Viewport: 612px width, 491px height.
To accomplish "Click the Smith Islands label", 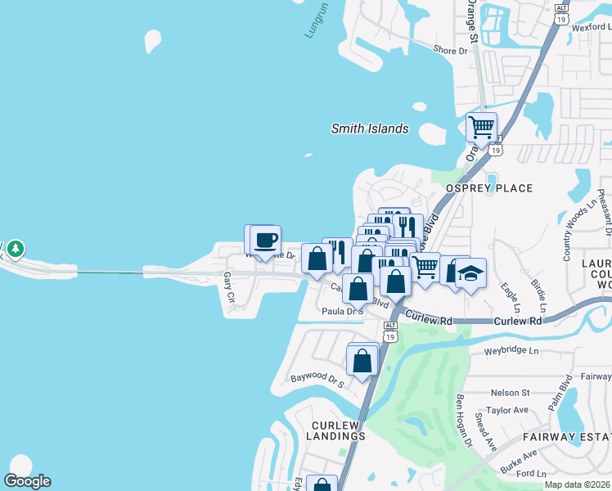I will coord(369,128).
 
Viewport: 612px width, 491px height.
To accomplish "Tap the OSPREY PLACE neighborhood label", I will coord(488,188).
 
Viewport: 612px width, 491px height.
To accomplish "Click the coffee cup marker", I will coord(265,241).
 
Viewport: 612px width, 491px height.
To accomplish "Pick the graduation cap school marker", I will coord(470,272).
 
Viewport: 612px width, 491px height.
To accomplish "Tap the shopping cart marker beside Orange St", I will coord(482,128).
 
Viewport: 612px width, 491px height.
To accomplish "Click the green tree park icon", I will coord(16,248).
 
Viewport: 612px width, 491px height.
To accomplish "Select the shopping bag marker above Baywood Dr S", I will coord(362,359).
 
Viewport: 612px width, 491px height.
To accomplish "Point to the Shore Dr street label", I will coord(450,51).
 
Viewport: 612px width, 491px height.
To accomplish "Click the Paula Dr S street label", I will coord(342,311).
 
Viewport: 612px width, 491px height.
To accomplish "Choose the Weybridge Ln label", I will coord(512,350).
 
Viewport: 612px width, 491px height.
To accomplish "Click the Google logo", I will coord(27,481).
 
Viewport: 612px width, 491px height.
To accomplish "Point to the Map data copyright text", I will coord(578,484).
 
